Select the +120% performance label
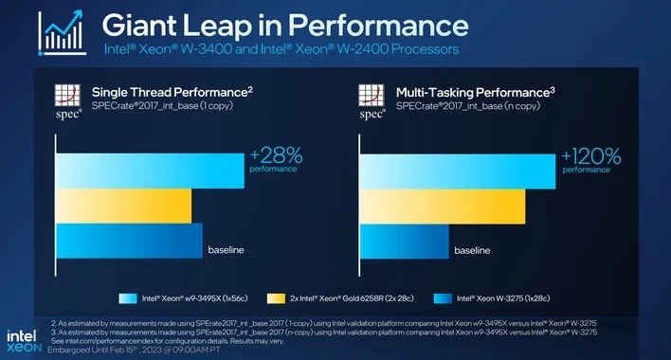tap(587, 160)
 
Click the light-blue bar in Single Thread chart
tap(151, 169)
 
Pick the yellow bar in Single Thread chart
tap(124, 206)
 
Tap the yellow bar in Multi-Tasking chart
tap(442, 206)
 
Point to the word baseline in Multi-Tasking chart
tap(472, 251)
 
